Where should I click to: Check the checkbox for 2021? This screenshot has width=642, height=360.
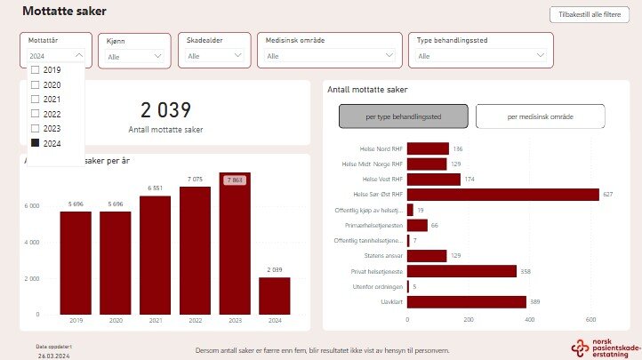(36, 99)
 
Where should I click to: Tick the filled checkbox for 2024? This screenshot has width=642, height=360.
(36, 142)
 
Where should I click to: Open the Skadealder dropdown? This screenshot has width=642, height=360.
(215, 56)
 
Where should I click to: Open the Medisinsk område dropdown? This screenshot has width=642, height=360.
(329, 56)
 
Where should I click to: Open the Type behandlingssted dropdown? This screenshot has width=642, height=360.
(480, 56)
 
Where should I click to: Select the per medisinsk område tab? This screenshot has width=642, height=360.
(541, 116)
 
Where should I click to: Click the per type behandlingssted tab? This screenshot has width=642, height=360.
(404, 116)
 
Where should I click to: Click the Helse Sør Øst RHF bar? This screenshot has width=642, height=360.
(502, 195)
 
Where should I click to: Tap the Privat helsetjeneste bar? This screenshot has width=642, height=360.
(461, 271)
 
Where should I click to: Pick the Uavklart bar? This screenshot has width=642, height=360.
(466, 302)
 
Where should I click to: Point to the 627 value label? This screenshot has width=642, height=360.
(608, 195)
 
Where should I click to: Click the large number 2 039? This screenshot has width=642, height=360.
(165, 110)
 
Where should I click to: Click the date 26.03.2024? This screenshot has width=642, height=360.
(53, 354)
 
